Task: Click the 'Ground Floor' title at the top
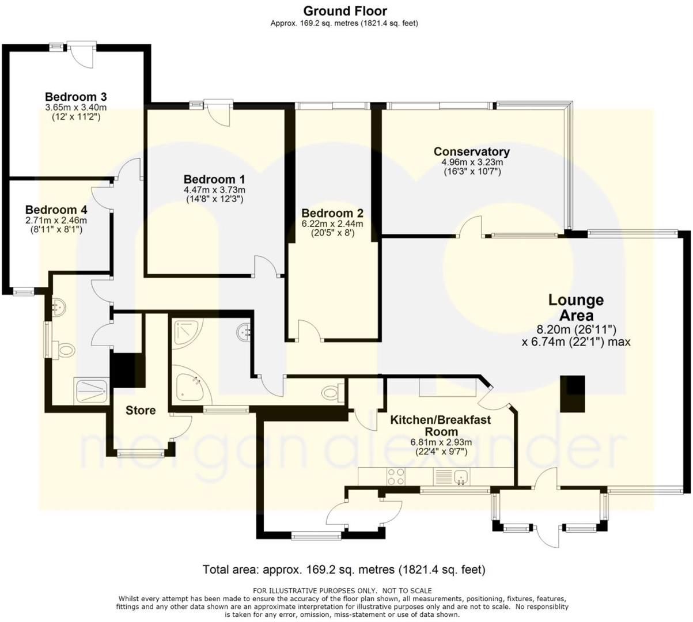coord(345,10)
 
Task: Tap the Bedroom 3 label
coord(75,97)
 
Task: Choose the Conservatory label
coord(471,151)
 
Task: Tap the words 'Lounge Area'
coord(575,308)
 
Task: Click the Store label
coord(141,410)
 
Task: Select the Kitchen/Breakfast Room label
coord(441,426)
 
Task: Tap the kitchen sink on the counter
coord(459,476)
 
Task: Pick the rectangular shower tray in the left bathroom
coord(90,391)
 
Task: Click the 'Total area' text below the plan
coord(344,570)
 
